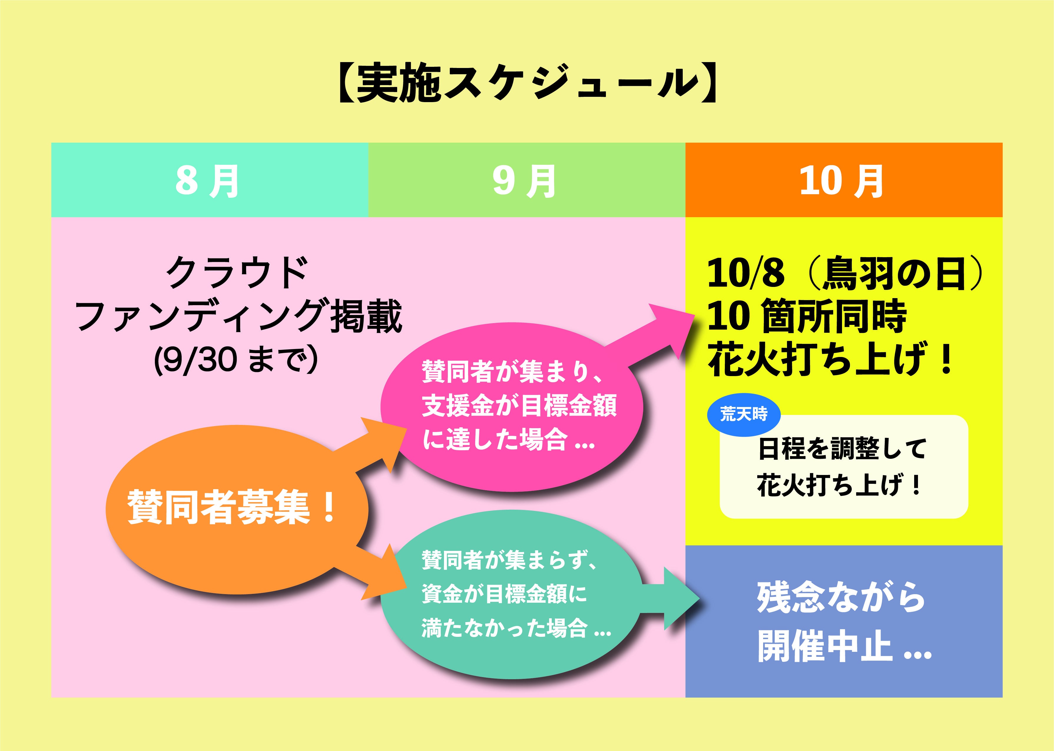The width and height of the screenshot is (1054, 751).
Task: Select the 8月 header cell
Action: click(x=210, y=180)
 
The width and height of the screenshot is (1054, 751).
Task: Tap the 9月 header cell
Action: click(x=526, y=180)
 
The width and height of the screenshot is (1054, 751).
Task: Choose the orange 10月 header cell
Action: click(x=843, y=180)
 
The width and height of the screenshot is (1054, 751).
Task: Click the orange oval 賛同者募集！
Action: click(x=237, y=509)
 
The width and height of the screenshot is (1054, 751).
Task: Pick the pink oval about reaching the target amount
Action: click(x=512, y=407)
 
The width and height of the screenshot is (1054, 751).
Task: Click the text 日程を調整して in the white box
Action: click(x=842, y=448)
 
